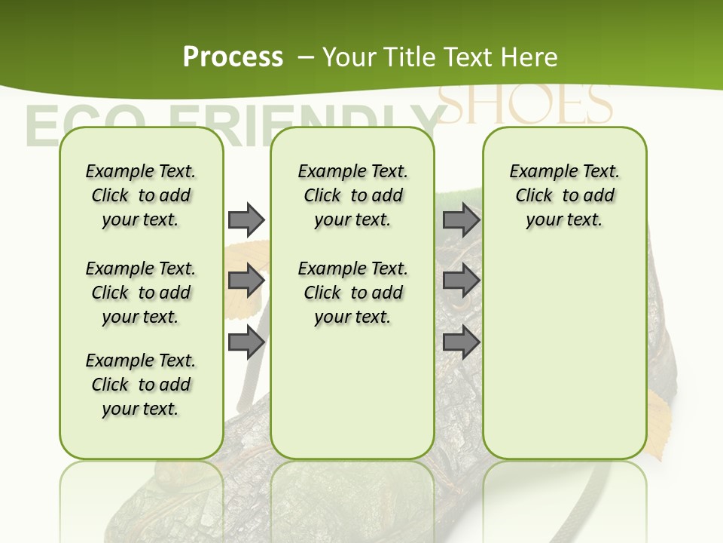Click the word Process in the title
[x=233, y=57]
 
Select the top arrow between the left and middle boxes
[x=246, y=219]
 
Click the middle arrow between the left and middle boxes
[x=246, y=281]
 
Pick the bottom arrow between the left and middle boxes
[x=246, y=342]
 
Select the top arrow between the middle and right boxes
[x=461, y=219]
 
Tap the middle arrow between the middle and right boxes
[x=461, y=281]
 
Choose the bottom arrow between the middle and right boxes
[x=461, y=342]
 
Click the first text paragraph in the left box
[x=141, y=195]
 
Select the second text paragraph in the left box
[x=141, y=293]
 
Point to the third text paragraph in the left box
[x=141, y=385]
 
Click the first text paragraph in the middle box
[x=352, y=195]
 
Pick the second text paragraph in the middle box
[x=352, y=293]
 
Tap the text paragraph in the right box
[x=564, y=195]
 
